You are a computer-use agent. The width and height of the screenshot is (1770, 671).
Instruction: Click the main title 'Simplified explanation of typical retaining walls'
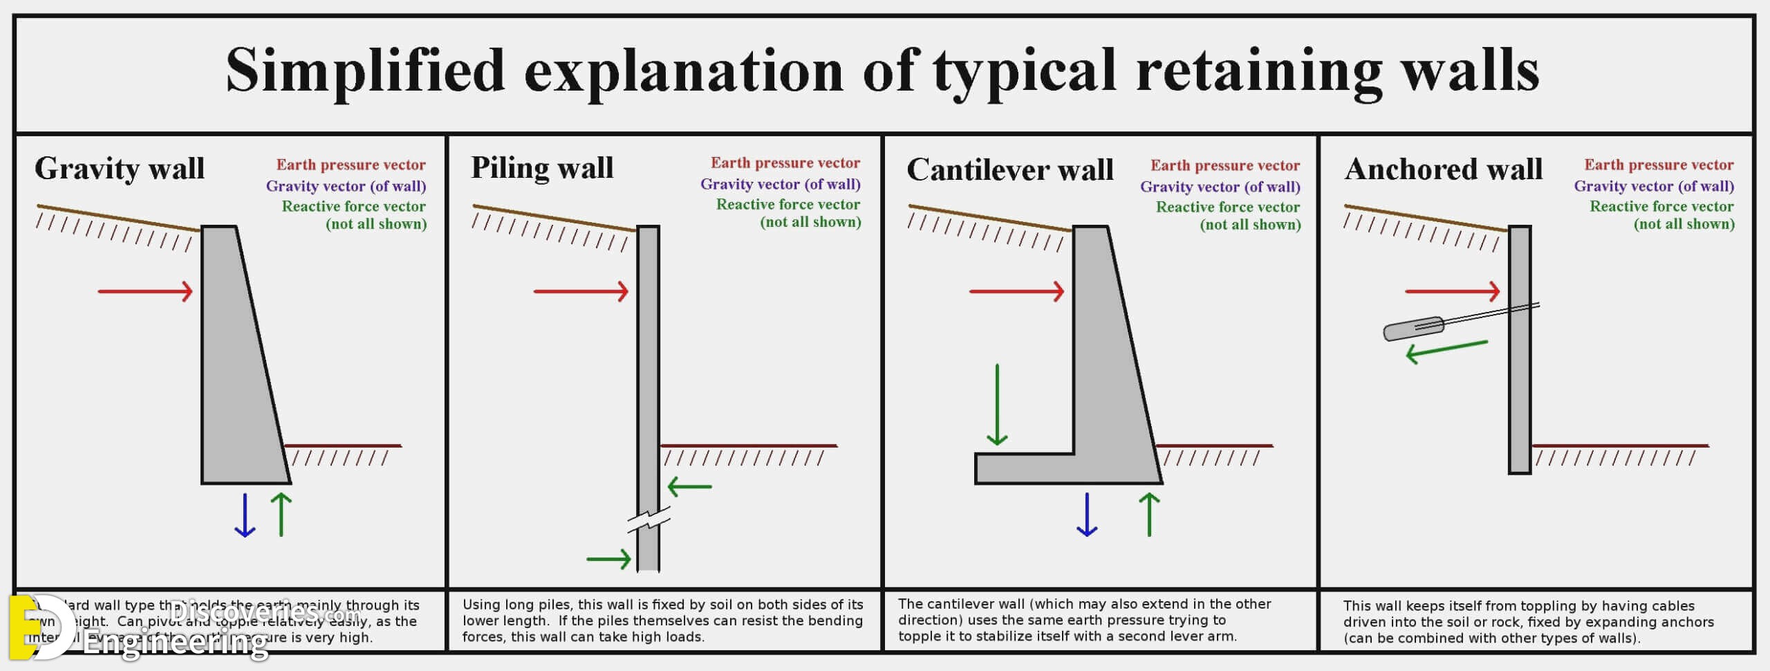pos(883,71)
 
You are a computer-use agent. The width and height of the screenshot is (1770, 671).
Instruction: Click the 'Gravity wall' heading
pos(120,169)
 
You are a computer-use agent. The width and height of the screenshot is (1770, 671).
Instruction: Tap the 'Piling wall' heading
pos(542,168)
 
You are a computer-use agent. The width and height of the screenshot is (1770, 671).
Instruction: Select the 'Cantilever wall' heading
pos(1009,170)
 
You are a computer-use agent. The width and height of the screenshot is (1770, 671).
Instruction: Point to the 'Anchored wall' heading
pos(1443,169)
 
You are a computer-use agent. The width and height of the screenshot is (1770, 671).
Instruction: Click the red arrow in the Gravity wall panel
pos(145,291)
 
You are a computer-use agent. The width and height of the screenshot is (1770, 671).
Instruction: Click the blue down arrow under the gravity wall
pos(245,515)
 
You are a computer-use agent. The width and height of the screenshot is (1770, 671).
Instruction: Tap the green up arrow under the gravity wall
pos(281,515)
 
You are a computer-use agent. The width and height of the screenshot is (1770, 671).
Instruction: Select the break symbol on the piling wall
pos(649,520)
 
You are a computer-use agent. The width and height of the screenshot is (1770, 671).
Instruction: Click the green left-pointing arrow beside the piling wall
pos(689,487)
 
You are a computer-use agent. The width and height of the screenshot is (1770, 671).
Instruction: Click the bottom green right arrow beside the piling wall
pos(608,558)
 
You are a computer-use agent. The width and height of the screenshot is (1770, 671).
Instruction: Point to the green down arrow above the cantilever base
pos(997,405)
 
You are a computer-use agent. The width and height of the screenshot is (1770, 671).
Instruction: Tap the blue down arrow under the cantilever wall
pos(1087,515)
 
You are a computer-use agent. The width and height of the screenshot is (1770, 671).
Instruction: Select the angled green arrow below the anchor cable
pos(1446,351)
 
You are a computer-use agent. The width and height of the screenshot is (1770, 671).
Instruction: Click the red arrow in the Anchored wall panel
pos(1452,291)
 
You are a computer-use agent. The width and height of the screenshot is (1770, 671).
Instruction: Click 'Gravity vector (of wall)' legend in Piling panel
pos(780,185)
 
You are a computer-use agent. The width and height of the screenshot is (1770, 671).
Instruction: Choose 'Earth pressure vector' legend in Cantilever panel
pos(1224,165)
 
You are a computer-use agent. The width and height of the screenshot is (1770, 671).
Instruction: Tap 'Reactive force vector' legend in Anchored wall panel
pos(1661,207)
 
